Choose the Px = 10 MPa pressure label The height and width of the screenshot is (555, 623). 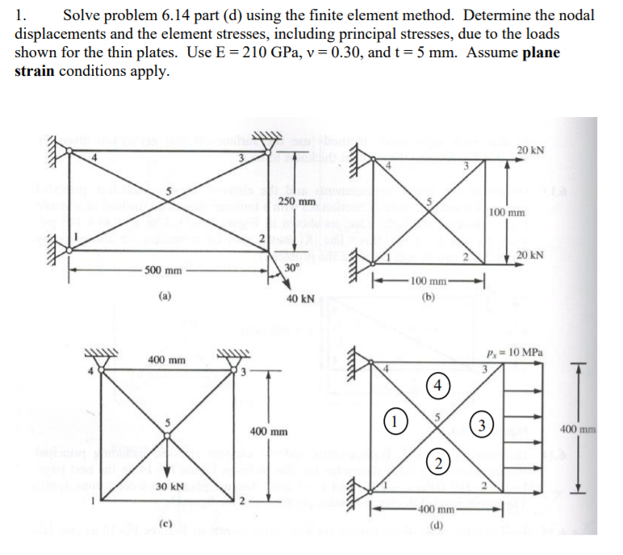point(521,353)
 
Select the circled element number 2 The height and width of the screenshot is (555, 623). point(436,461)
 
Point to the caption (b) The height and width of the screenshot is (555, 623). point(428,295)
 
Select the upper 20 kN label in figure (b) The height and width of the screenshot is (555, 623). point(531,150)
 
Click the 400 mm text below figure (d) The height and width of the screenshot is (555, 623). point(437,510)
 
